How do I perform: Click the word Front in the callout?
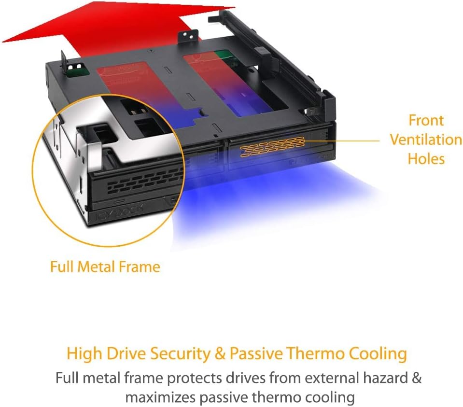pyautogui.click(x=426, y=121)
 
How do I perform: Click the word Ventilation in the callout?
pyautogui.click(x=426, y=140)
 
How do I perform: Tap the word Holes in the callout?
pyautogui.click(x=426, y=159)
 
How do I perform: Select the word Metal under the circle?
pyautogui.click(x=93, y=267)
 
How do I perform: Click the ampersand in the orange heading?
pyautogui.click(x=220, y=353)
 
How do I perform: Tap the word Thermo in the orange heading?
pyautogui.click(x=317, y=353)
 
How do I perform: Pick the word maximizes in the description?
pyautogui.click(x=160, y=397)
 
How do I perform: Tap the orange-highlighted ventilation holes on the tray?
pyautogui.click(x=273, y=146)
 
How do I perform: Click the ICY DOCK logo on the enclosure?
pyautogui.click(x=120, y=212)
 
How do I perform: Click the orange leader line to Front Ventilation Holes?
pyautogui.click(x=342, y=141)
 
